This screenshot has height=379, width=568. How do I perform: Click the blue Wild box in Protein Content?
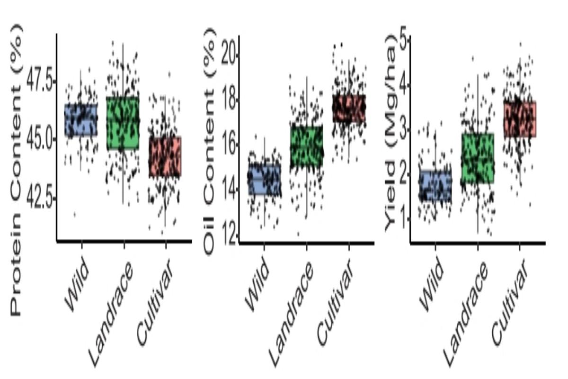click(81, 120)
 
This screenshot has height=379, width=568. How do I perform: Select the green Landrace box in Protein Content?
click(123, 123)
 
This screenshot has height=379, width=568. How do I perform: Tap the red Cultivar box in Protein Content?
click(165, 156)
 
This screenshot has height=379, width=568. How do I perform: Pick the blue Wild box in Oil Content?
click(264, 179)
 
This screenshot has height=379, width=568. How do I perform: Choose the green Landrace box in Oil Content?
click(306, 146)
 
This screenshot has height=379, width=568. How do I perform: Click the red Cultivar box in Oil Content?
click(348, 108)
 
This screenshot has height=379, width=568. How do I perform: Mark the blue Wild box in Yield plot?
click(435, 185)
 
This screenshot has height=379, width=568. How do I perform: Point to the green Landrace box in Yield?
click(477, 158)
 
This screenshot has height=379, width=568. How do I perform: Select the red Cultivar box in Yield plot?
click(519, 119)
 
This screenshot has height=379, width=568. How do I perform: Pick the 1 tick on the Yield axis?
click(403, 218)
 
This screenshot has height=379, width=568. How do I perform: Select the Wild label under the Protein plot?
click(76, 289)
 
